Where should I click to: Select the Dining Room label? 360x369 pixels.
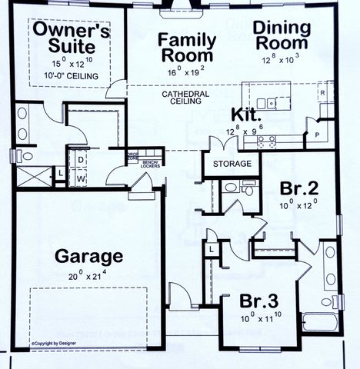click(282, 36)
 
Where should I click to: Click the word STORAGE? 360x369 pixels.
click(232, 165)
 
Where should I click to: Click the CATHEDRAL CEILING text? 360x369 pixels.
click(183, 98)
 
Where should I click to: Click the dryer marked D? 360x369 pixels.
click(80, 160)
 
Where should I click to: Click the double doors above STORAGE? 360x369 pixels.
click(218, 145)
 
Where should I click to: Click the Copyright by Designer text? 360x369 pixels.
click(55, 344)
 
